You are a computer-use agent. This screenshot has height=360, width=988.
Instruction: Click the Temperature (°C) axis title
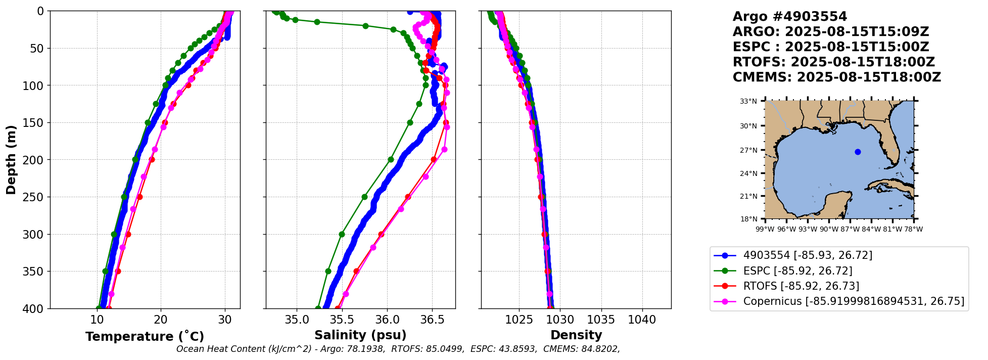point(145,336)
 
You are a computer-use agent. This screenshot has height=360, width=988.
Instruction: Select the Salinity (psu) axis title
point(360,335)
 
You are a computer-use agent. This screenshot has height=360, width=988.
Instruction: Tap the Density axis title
point(576,335)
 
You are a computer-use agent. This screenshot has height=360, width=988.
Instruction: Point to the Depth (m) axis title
point(11,160)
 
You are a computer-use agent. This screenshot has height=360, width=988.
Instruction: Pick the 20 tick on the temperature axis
point(161,320)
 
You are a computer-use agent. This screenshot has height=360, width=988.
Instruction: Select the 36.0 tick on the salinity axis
point(387,320)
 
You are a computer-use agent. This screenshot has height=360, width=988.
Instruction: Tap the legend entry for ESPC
point(797,271)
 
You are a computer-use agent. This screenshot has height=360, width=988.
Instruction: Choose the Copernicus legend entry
point(853,301)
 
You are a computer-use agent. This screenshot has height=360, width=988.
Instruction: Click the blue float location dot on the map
point(858,152)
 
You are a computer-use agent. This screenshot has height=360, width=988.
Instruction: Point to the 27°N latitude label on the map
point(748,150)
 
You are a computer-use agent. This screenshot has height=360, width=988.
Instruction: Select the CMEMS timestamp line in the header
point(836,77)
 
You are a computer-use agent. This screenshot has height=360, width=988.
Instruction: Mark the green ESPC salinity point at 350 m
point(328,271)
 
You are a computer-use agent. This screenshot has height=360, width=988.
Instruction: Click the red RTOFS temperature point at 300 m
point(128,234)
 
